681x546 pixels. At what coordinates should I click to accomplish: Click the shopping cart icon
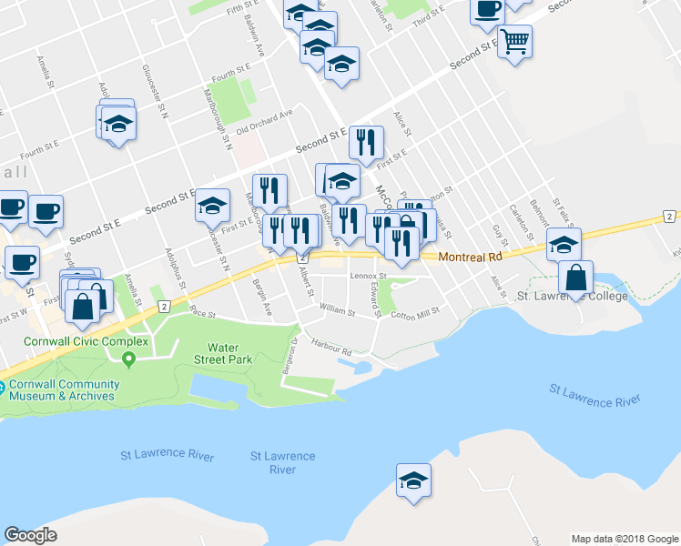[x=515, y=41]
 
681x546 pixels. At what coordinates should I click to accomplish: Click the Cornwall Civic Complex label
[x=75, y=341]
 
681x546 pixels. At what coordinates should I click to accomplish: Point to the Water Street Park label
[x=229, y=353]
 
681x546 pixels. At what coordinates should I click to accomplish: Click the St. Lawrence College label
[x=572, y=297]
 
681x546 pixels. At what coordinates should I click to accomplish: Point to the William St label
[x=337, y=309]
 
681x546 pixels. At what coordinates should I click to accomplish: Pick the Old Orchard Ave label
[x=264, y=123]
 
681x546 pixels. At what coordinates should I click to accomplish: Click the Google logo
[x=31, y=535]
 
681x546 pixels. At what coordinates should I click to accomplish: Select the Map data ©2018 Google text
[x=624, y=539]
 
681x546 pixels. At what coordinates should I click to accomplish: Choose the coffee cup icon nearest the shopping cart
[x=487, y=9]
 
